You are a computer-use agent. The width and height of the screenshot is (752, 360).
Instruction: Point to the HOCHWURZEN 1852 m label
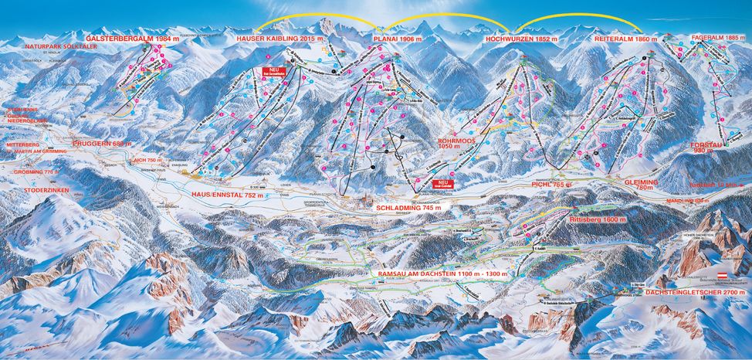click(x=522, y=38)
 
